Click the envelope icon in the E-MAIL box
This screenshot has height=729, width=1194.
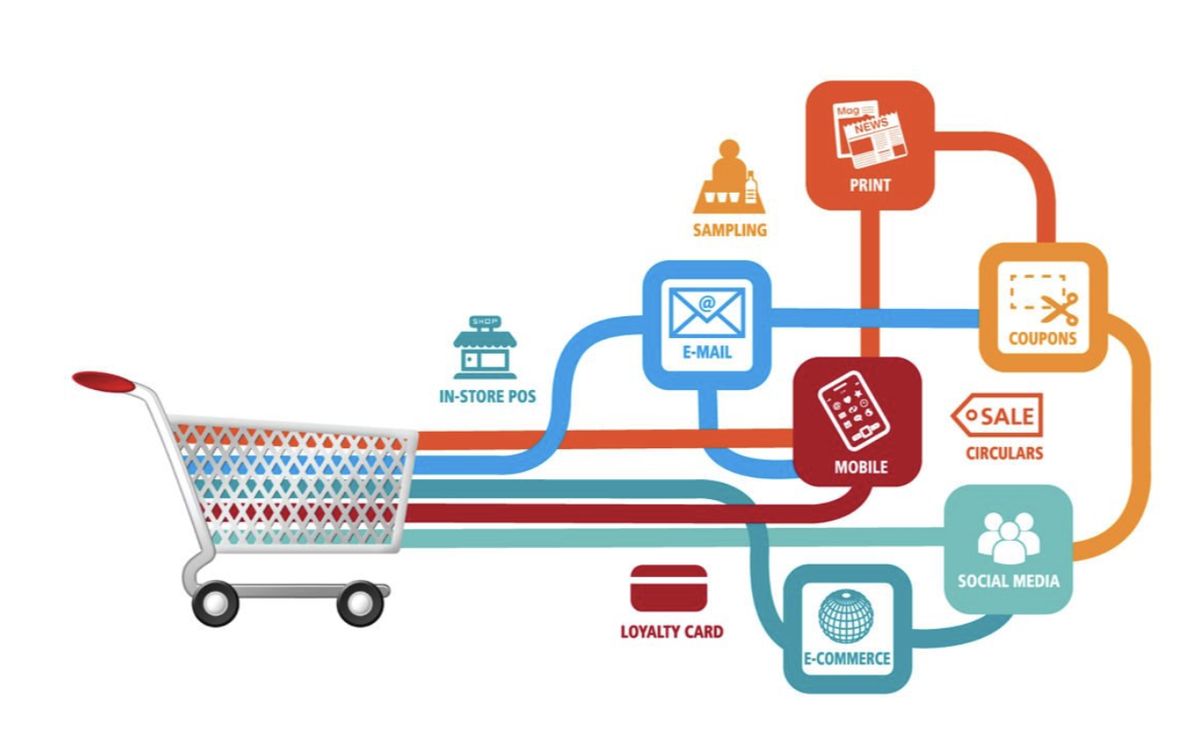706,312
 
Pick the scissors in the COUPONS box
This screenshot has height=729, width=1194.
1060,308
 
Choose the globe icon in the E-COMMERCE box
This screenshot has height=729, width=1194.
845,615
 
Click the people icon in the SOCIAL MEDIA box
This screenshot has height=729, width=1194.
1008,536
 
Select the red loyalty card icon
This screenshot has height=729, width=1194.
668,588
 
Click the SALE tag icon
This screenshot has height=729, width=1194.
997,416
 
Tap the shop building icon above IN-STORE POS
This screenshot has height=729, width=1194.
485,347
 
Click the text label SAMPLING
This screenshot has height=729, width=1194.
729,230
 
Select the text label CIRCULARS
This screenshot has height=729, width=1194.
1003,453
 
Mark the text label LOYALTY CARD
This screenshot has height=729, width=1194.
672,631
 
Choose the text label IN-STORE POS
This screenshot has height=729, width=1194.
486,396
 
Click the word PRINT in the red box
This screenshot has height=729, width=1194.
870,185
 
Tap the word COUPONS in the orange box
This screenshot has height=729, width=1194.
1042,339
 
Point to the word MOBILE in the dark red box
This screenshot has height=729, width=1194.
861,468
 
